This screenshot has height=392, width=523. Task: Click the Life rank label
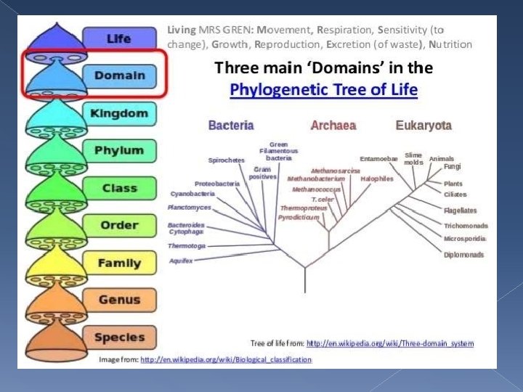point(118,38)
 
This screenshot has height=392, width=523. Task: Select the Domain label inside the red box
point(119,75)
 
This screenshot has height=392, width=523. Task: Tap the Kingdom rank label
point(119,113)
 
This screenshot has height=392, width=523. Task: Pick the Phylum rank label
point(119,150)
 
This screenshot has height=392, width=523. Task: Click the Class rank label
point(119,188)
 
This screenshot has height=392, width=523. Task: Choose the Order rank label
point(119,225)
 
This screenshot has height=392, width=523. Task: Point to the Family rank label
point(119,263)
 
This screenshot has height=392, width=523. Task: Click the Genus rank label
point(119,299)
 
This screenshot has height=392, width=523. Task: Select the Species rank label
point(119,337)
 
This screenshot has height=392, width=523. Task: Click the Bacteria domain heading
point(231,126)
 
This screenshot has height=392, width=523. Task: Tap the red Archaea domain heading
point(333,126)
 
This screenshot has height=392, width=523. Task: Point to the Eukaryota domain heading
point(423,126)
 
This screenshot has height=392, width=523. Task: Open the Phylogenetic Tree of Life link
point(324,90)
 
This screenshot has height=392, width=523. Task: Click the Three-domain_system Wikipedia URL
point(390,343)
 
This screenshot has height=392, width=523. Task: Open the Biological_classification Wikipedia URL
point(226,359)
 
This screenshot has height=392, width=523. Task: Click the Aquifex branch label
point(181,261)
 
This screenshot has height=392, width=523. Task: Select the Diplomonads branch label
point(463,255)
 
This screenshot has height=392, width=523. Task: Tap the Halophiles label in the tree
point(377,179)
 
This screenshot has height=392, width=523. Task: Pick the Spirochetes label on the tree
point(227,160)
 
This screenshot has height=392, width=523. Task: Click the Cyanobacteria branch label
point(192,194)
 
